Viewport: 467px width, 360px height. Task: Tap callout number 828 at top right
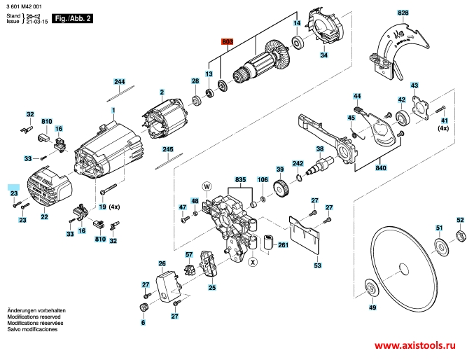[402, 13]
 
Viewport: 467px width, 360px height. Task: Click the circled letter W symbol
[207, 186]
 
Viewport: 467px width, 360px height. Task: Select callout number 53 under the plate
[317, 266]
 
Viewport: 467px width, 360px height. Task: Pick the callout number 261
[284, 245]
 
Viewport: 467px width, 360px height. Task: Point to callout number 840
[381, 169]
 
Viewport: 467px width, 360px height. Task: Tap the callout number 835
[241, 180]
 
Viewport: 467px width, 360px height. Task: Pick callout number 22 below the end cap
[44, 217]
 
